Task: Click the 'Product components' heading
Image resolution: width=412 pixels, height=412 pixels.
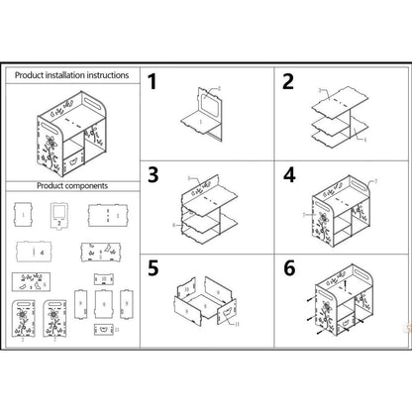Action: (71, 185)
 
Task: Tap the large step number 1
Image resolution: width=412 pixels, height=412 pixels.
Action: (154, 82)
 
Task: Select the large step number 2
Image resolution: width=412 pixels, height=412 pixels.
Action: (288, 82)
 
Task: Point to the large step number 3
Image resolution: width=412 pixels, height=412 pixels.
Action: (154, 175)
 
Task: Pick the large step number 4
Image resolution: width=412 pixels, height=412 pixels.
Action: (288, 175)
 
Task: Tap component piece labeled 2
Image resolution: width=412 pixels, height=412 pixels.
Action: (58, 215)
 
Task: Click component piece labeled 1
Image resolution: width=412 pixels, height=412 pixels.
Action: (24, 215)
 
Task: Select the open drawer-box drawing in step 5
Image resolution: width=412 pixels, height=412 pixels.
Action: (209, 301)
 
